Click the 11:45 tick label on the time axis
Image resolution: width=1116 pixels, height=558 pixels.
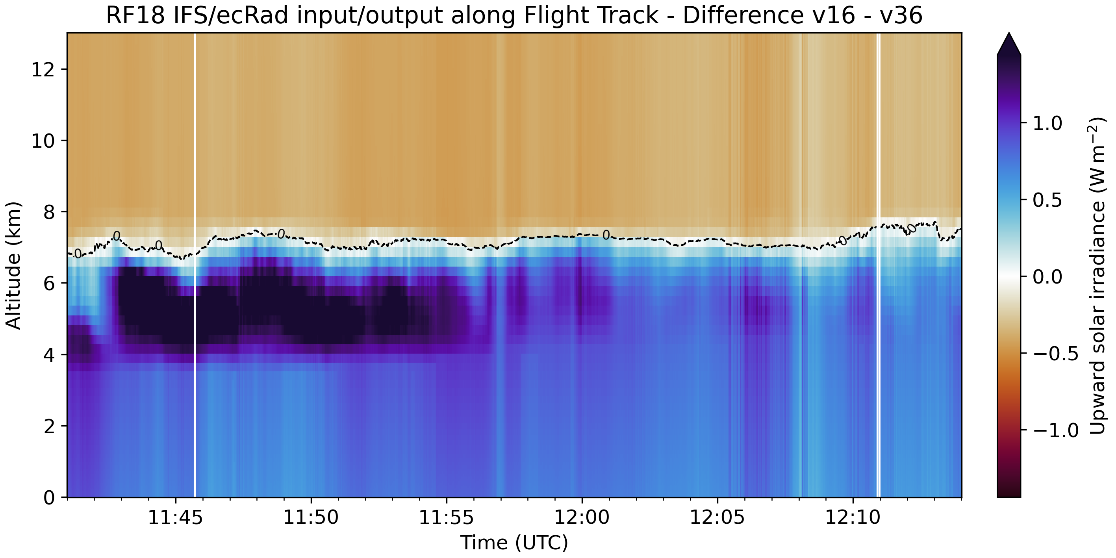[176, 517]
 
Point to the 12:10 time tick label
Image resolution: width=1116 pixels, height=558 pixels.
[853, 517]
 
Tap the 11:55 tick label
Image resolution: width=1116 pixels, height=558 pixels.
[446, 517]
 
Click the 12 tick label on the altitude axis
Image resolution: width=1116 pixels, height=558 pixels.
[43, 69]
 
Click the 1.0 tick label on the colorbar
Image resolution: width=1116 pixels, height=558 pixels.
[1047, 124]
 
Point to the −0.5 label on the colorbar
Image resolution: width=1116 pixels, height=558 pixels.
[1055, 354]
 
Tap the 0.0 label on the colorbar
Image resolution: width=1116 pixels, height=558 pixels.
[1047, 277]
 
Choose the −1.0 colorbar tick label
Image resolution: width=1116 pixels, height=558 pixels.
[1055, 430]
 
